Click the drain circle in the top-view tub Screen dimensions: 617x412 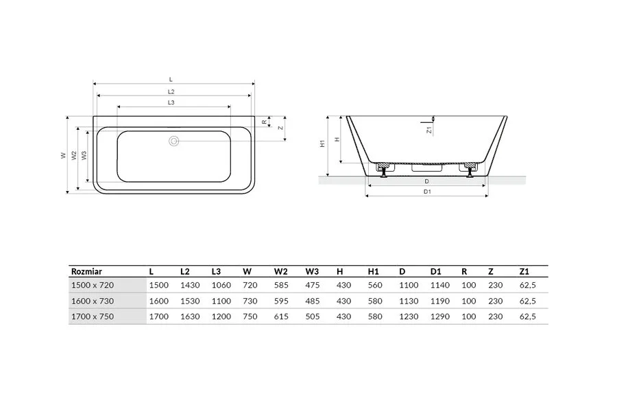click(x=174, y=141)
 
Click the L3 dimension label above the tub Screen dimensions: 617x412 click(x=171, y=102)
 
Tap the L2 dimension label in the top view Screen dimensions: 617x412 click(x=171, y=91)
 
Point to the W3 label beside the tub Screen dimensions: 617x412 click(x=84, y=155)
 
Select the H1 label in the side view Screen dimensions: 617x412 click(x=322, y=144)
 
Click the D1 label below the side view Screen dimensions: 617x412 click(x=427, y=192)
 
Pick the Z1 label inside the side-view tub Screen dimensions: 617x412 click(x=429, y=130)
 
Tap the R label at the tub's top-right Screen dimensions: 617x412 click(x=265, y=122)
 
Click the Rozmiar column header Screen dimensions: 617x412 click(x=86, y=271)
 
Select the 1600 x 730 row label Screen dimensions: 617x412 click(x=93, y=301)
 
